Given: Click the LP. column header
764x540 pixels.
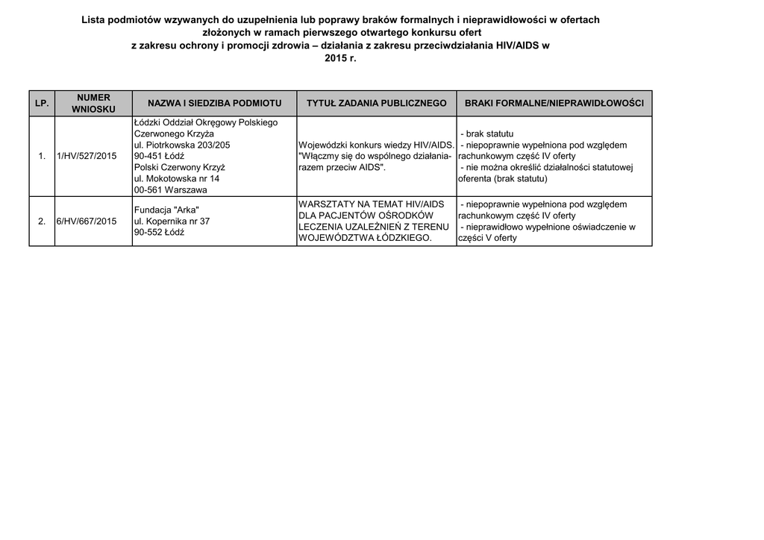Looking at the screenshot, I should (42, 103).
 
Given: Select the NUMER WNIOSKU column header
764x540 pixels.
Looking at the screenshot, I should (93, 103).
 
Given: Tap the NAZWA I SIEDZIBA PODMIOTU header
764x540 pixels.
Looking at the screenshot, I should (214, 103).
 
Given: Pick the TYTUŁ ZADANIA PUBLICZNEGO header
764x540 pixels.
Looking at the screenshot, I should (376, 103).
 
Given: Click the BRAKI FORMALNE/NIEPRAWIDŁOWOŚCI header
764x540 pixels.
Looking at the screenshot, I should (554, 103).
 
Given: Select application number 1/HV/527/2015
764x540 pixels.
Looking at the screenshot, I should (87, 156).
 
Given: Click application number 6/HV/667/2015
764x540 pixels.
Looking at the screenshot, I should (87, 221).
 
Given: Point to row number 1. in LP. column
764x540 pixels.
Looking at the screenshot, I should (42, 156).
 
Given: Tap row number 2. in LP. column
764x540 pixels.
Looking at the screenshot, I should (42, 221).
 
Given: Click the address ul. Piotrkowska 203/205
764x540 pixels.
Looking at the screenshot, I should (182, 145).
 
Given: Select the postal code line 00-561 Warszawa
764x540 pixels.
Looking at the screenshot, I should (170, 190).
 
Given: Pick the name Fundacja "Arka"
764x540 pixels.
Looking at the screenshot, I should (166, 210).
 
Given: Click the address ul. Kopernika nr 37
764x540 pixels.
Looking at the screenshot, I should (172, 221).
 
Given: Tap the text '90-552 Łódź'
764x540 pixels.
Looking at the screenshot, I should (159, 232).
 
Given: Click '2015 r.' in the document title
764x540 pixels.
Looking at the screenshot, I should (341, 58).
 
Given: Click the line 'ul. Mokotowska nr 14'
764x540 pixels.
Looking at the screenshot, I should (177, 179).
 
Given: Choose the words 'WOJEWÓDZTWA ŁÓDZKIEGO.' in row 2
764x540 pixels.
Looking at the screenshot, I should (365, 238).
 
